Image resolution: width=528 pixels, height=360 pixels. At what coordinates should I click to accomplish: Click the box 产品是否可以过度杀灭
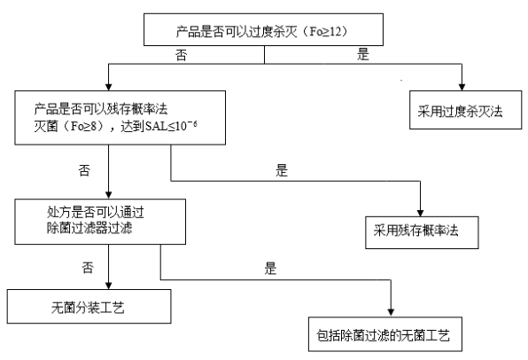pyautogui.click(x=263, y=29)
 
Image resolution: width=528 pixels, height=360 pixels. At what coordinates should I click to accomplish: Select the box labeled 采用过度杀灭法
pyautogui.click(x=465, y=110)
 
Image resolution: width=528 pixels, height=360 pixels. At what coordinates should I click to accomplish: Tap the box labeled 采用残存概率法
pyautogui.click(x=422, y=232)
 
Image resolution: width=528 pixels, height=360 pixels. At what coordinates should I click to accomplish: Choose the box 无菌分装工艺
pyautogui.click(x=89, y=307)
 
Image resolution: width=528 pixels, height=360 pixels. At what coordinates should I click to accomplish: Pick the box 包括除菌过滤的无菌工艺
pyautogui.click(x=385, y=334)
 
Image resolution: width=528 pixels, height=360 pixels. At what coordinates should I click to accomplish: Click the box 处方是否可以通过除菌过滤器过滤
pyautogui.click(x=100, y=222)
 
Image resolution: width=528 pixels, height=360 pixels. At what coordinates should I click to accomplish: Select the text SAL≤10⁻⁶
pyautogui.click(x=171, y=126)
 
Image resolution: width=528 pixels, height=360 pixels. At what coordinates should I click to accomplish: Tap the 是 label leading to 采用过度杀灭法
pyautogui.click(x=363, y=54)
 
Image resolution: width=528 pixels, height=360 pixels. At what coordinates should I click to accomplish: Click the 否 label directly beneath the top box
pyautogui.click(x=181, y=55)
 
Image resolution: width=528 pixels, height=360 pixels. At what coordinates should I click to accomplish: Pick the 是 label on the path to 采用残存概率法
pyautogui.click(x=282, y=170)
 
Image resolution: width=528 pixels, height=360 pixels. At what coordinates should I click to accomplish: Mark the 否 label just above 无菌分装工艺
pyautogui.click(x=88, y=268)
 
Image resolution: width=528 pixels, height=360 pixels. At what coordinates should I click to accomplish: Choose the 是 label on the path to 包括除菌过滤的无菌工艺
pyautogui.click(x=270, y=269)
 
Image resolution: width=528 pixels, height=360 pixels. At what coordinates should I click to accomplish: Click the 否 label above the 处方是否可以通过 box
pyautogui.click(x=84, y=170)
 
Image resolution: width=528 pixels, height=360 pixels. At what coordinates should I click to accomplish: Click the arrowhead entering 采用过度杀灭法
pyautogui.click(x=462, y=87)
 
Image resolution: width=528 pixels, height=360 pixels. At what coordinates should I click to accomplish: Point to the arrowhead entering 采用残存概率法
pyautogui.click(x=420, y=213)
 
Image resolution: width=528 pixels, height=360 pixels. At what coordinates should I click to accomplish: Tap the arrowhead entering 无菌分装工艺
pyautogui.click(x=108, y=286)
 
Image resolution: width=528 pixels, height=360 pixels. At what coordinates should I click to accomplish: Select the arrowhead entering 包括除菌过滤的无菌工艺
pyautogui.click(x=391, y=313)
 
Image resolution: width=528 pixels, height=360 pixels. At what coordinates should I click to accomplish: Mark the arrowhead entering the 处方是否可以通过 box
pyautogui.click(x=108, y=195)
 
